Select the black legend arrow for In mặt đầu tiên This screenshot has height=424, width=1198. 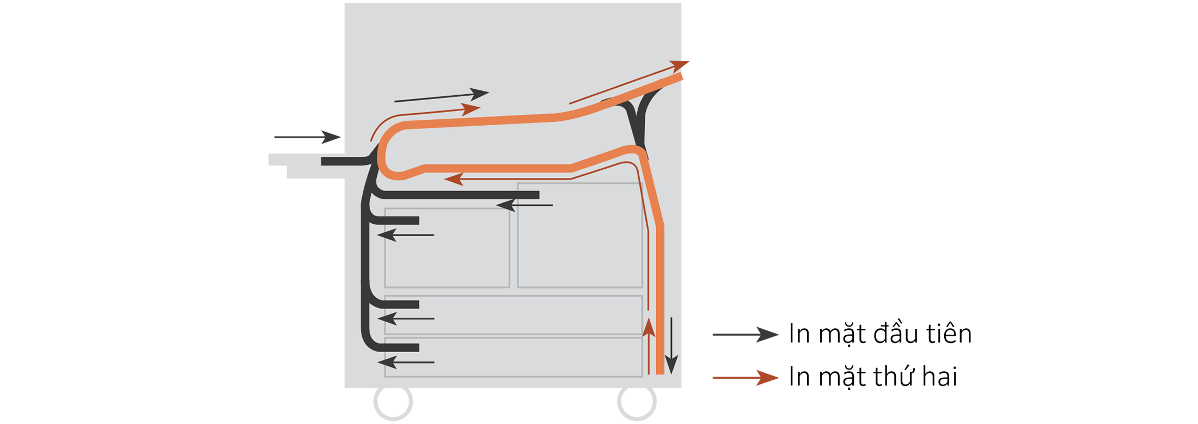coord(745,334)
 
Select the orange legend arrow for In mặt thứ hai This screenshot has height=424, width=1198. coord(745,377)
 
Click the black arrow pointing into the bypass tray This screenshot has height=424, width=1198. coord(308,137)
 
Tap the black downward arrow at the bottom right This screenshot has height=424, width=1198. coord(671,346)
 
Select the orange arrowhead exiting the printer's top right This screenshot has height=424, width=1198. coord(679,66)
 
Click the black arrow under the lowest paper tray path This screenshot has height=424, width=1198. coord(406,362)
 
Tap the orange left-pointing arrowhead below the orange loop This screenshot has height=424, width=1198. coord(454,179)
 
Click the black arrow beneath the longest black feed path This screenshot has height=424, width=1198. coord(524,205)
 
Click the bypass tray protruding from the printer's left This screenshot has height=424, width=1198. coord(306,165)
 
